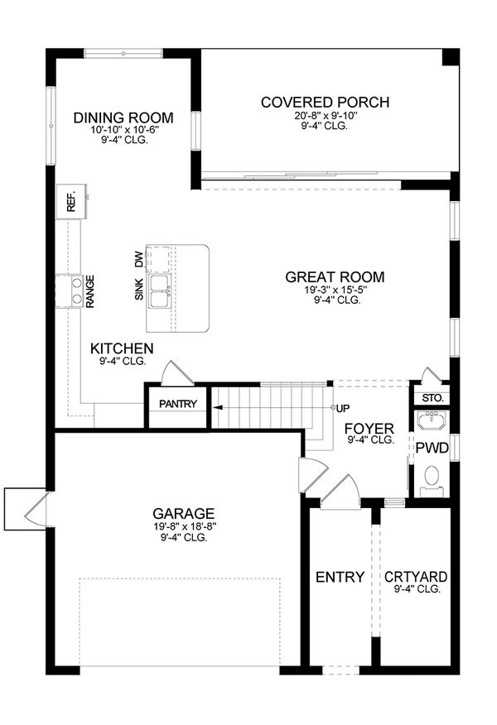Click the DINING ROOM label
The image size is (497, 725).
pos(135,117)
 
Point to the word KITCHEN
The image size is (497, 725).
pos(122,348)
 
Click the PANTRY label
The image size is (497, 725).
pos(177,404)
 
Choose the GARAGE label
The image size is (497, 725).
pos(183,513)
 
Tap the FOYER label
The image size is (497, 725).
pos(369,428)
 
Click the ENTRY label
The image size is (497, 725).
pos(340,577)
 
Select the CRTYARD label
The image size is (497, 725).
pos(417,577)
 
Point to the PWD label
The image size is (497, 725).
pos(432,449)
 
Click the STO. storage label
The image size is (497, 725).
pos(432,398)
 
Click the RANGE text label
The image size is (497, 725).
pos(89,292)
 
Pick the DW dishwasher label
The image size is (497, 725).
pos(138,260)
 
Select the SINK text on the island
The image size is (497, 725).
pos(138,289)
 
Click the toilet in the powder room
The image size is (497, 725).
pos(432,478)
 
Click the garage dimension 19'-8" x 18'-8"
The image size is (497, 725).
pos(183,526)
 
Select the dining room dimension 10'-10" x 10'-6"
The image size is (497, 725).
pos(135,130)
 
